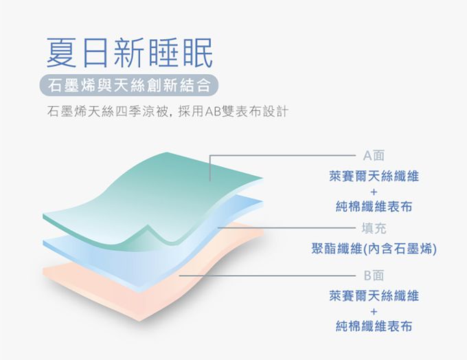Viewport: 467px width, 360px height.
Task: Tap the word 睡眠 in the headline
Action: [186, 52]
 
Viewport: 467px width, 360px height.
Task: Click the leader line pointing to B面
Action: [275, 275]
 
